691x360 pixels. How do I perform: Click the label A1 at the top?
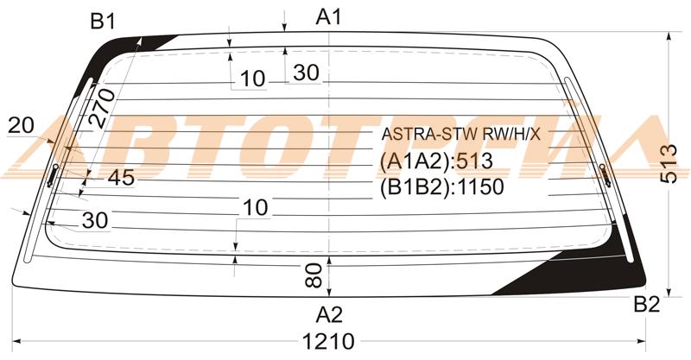[329, 17]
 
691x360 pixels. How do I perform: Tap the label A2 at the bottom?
[329, 314]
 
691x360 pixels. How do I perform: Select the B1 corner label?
[103, 21]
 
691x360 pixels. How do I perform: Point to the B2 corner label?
[646, 304]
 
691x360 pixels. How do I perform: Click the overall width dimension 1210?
[328, 341]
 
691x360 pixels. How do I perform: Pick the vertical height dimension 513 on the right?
[669, 163]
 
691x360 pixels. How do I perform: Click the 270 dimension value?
[102, 108]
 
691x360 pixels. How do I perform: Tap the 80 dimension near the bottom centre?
[314, 276]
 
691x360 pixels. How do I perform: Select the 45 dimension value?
[121, 178]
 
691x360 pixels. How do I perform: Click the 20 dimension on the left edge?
[21, 125]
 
